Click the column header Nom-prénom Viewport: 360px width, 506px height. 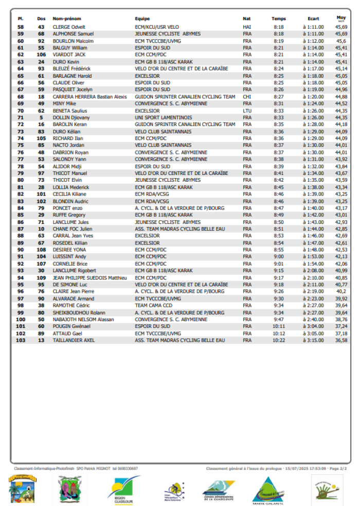[x=67, y=19]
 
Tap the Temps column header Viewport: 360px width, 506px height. [x=279, y=19]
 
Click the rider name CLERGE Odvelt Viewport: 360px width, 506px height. [x=69, y=27]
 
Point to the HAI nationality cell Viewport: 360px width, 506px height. [x=247, y=27]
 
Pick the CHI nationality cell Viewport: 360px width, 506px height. [x=247, y=96]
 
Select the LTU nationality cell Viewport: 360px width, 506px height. [x=247, y=110]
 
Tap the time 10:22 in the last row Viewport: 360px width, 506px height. [x=279, y=340]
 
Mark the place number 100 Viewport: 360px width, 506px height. [x=21, y=319]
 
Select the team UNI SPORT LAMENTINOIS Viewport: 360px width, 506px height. [x=163, y=117]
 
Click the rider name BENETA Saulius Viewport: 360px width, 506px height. [x=69, y=110]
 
